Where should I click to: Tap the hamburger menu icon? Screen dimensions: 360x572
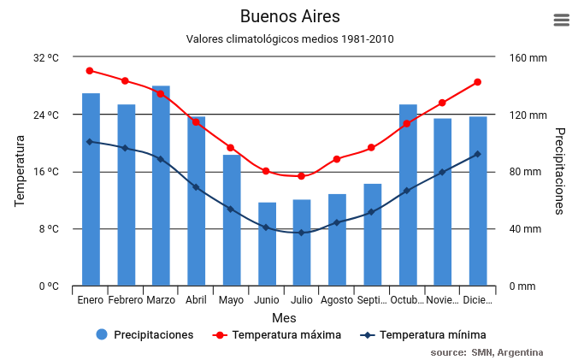[562, 21]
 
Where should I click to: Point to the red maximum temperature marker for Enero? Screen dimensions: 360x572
[90, 71]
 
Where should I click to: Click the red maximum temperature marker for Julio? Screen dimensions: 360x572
[301, 176]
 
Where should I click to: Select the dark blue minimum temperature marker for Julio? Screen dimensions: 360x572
[301, 233]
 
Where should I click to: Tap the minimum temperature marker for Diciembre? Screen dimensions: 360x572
[477, 154]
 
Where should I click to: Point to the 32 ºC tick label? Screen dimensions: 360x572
[46, 58]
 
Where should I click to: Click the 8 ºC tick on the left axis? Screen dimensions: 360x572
[49, 229]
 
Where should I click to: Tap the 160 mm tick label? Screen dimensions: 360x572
[528, 58]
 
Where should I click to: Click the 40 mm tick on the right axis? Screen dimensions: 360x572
[525, 229]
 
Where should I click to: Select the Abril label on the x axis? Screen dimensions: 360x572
[196, 300]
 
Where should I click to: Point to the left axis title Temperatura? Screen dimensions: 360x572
[20, 172]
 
